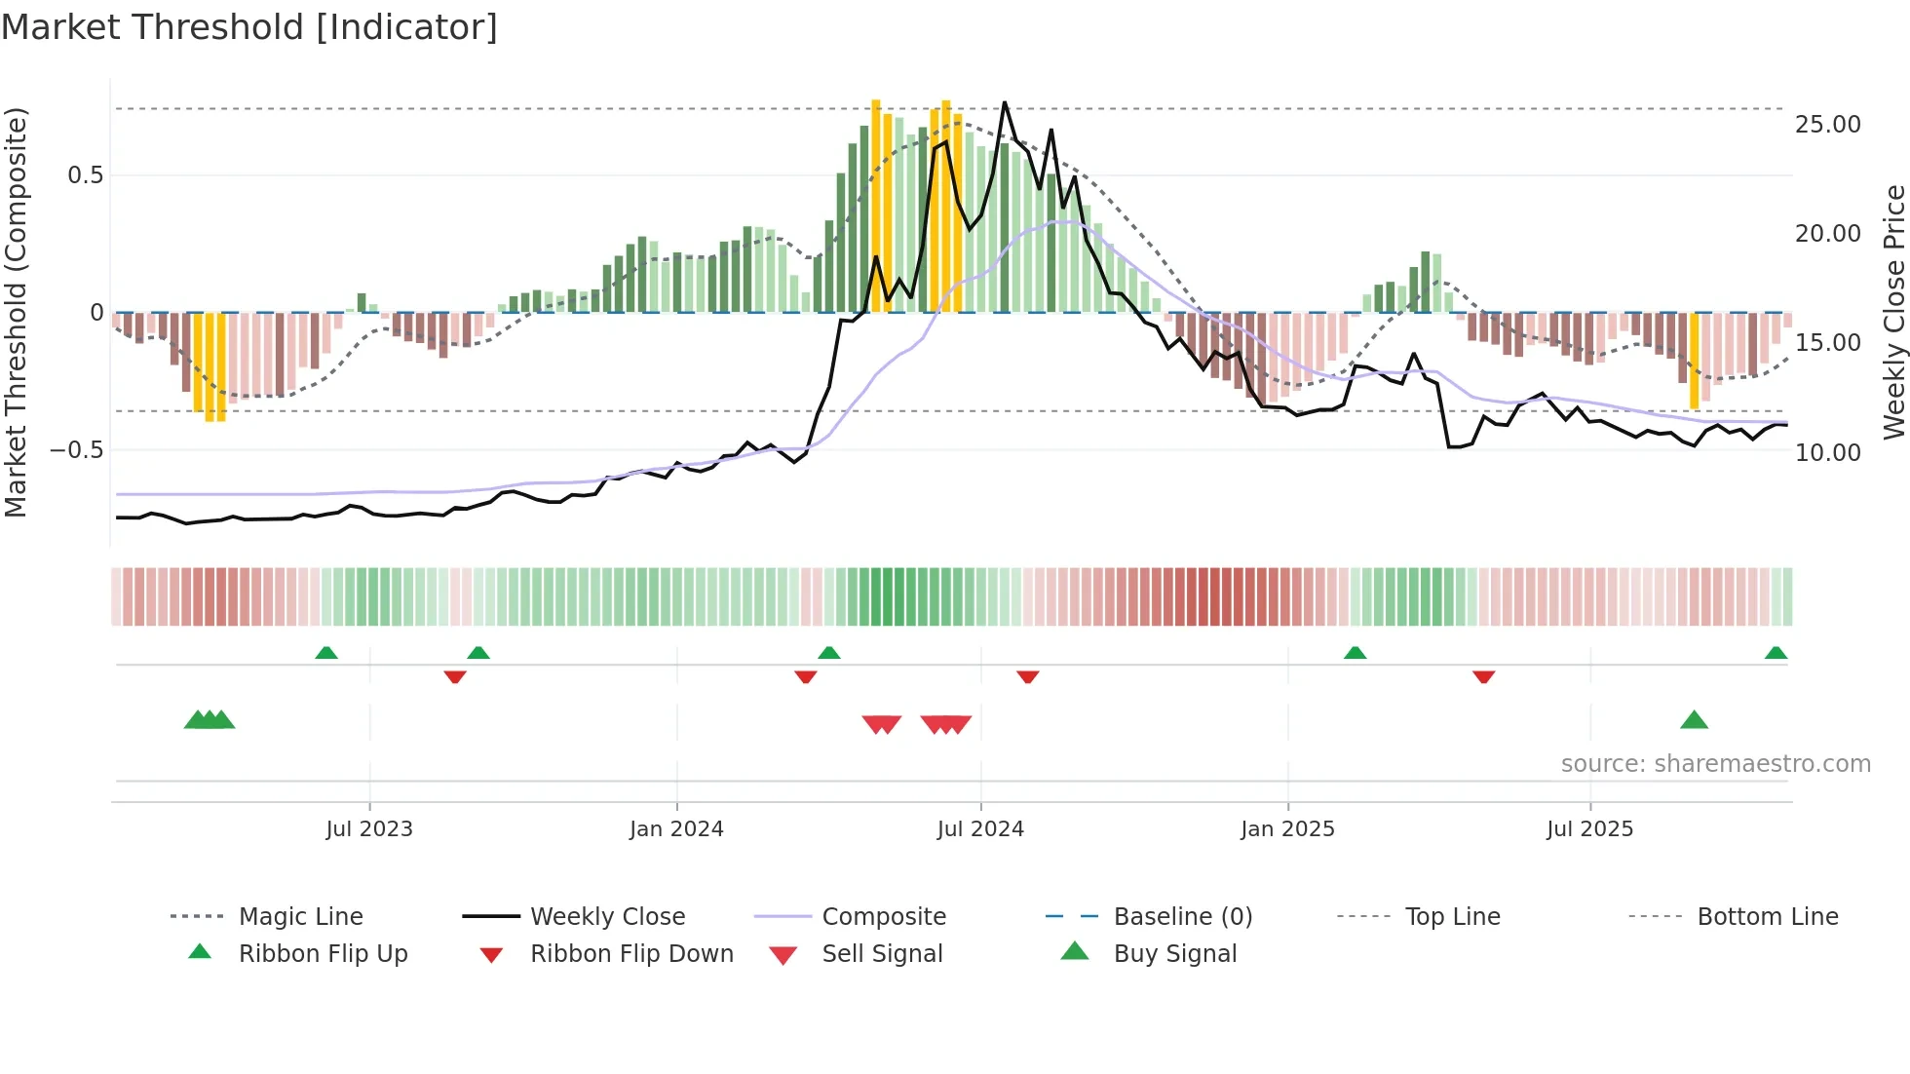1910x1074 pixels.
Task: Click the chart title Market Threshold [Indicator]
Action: click(x=249, y=27)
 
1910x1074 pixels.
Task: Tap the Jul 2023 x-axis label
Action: click(x=369, y=829)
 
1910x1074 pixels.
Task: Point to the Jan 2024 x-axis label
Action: click(x=676, y=829)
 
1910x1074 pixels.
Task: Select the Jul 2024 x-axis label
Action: click(x=980, y=829)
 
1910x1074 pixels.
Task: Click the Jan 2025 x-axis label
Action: click(x=1287, y=829)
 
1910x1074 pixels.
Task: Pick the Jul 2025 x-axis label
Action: click(x=1589, y=829)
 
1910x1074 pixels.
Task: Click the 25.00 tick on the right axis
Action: click(x=1827, y=125)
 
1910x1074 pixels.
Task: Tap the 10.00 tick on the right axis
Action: click(x=1827, y=453)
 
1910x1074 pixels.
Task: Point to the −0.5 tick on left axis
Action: click(x=76, y=450)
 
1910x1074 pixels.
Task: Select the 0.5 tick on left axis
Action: click(x=85, y=175)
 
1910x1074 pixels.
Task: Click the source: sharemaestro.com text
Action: click(x=1715, y=764)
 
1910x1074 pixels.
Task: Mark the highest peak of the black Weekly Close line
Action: click(x=1005, y=102)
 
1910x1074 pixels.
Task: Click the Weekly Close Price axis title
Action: click(x=1893, y=312)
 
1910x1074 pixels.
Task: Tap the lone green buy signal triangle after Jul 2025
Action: click(x=1694, y=720)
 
